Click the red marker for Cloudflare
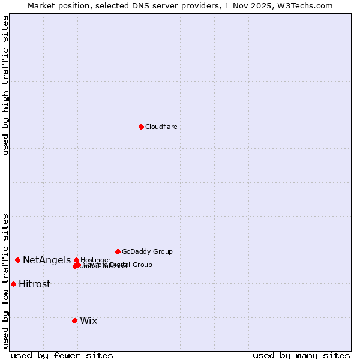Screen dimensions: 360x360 (141, 127)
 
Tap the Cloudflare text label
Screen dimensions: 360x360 (161, 127)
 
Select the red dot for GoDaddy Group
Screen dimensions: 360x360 (118, 251)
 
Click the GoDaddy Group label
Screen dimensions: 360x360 (147, 251)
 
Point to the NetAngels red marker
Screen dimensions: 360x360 (18, 260)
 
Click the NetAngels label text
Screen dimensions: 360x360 (47, 260)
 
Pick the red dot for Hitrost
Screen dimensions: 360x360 (13, 284)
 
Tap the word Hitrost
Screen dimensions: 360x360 (34, 284)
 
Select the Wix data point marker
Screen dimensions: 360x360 (74, 320)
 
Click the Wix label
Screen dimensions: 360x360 (88, 321)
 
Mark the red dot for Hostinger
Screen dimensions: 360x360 (76, 260)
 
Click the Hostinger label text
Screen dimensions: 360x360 (95, 260)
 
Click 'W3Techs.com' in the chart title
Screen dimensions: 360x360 (310, 5)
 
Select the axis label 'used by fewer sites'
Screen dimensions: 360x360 (62, 356)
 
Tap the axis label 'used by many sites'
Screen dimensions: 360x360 (301, 356)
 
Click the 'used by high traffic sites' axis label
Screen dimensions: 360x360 (6, 85)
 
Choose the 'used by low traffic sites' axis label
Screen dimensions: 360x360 (6, 280)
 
